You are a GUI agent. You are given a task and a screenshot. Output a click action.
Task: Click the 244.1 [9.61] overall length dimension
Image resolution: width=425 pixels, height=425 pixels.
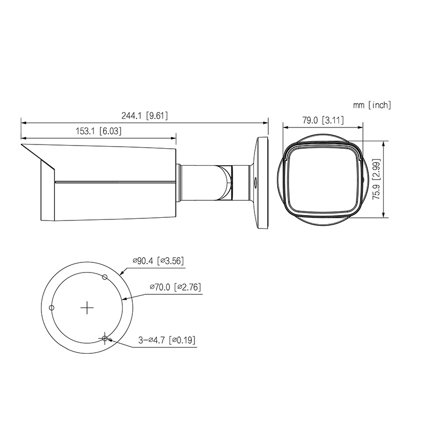[x=144, y=116]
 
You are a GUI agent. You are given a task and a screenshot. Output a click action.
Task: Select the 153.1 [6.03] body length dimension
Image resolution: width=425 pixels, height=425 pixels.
[x=98, y=131]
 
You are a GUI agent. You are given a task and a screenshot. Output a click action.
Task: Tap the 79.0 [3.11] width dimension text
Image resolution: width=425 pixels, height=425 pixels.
[x=323, y=120]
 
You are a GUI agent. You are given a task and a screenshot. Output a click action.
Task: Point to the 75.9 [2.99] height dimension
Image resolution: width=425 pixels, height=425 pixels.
[x=377, y=180]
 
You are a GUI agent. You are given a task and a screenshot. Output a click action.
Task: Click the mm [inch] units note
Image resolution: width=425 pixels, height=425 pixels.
[x=372, y=105]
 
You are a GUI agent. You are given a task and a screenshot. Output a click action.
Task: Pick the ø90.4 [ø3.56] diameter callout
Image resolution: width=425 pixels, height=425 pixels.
[x=158, y=261]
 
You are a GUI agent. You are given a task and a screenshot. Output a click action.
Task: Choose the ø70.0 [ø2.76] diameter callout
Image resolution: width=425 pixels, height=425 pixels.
[x=176, y=287]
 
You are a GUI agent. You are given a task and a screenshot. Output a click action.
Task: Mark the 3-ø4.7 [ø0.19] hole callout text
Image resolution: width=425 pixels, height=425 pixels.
[x=167, y=340]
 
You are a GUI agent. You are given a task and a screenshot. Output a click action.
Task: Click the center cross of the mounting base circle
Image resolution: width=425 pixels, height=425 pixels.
[x=87, y=308]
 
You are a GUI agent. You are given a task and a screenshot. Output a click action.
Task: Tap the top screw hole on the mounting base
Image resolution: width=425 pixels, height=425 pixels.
[x=105, y=277]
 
